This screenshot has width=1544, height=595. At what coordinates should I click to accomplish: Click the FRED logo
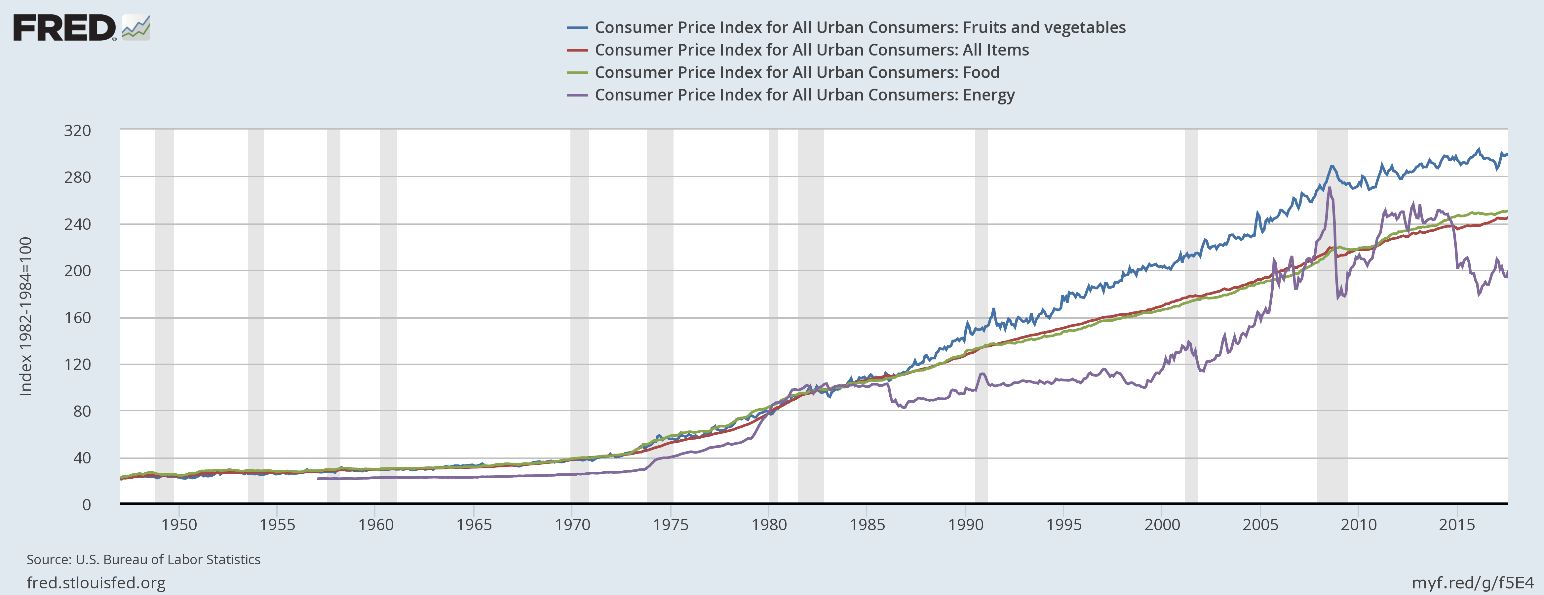[x=65, y=28]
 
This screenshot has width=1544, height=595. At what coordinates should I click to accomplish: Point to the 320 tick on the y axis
[x=78, y=131]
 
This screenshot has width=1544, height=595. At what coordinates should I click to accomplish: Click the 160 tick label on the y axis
[x=78, y=318]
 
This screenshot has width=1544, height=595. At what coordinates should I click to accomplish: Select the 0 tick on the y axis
[x=86, y=504]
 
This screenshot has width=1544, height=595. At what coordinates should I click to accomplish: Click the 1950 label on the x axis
[x=178, y=525]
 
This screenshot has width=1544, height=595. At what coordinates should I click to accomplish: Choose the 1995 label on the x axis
[x=1064, y=525]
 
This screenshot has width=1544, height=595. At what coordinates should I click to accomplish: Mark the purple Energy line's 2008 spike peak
[x=1330, y=188]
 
